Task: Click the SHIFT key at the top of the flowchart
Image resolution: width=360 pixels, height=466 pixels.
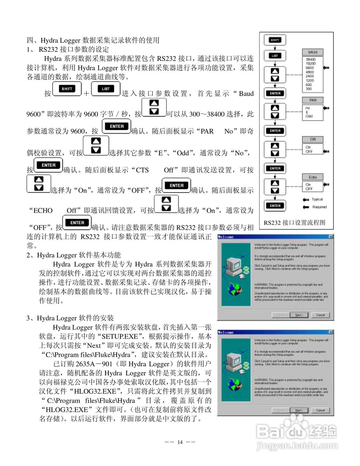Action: coord(275,40)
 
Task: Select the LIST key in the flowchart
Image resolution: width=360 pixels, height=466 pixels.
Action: coord(275,56)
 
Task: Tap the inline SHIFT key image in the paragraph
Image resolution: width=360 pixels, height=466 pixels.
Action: coord(67,89)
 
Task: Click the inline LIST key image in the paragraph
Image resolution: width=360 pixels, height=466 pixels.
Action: coord(106,89)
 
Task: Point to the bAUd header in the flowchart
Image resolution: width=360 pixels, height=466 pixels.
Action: coord(313,52)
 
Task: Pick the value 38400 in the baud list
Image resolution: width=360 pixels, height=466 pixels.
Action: coord(310,59)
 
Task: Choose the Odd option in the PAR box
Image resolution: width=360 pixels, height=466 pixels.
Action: coord(309,116)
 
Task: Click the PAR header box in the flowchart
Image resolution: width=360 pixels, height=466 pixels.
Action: coord(313,100)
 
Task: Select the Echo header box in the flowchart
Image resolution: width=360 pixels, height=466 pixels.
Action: coord(313,177)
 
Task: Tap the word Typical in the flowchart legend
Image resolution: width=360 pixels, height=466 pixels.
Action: coord(317,200)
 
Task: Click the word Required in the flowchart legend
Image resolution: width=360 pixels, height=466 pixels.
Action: coord(319,207)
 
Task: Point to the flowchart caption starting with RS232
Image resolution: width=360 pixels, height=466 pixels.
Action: coord(294,223)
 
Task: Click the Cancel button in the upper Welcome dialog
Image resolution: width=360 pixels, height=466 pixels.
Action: coord(320,315)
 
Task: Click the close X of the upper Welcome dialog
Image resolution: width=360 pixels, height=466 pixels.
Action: coord(331,237)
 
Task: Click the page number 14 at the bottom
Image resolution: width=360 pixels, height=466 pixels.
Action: coord(180,442)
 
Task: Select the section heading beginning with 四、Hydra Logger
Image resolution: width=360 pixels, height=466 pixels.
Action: coord(93,40)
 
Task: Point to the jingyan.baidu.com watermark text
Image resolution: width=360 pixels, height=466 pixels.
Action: coord(297,446)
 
